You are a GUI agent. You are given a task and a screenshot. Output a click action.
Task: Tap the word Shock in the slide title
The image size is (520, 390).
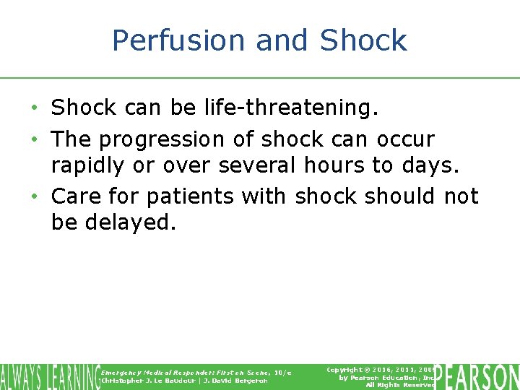click(x=363, y=40)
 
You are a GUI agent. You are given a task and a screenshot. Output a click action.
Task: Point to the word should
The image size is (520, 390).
click(x=399, y=196)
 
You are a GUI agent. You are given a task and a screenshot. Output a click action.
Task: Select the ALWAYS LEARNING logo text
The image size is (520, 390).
click(x=50, y=376)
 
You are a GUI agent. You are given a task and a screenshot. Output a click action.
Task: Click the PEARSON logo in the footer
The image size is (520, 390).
click(x=477, y=376)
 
